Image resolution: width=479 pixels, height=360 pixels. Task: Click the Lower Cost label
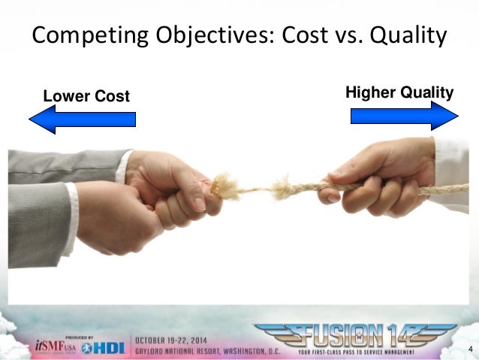[86, 96]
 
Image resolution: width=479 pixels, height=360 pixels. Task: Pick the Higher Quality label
[399, 92]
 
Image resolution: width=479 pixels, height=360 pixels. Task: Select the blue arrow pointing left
[82, 119]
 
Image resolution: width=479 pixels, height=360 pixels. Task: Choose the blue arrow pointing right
[404, 116]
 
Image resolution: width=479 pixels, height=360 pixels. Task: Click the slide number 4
[470, 349]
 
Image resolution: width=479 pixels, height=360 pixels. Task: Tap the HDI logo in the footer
[104, 346]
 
